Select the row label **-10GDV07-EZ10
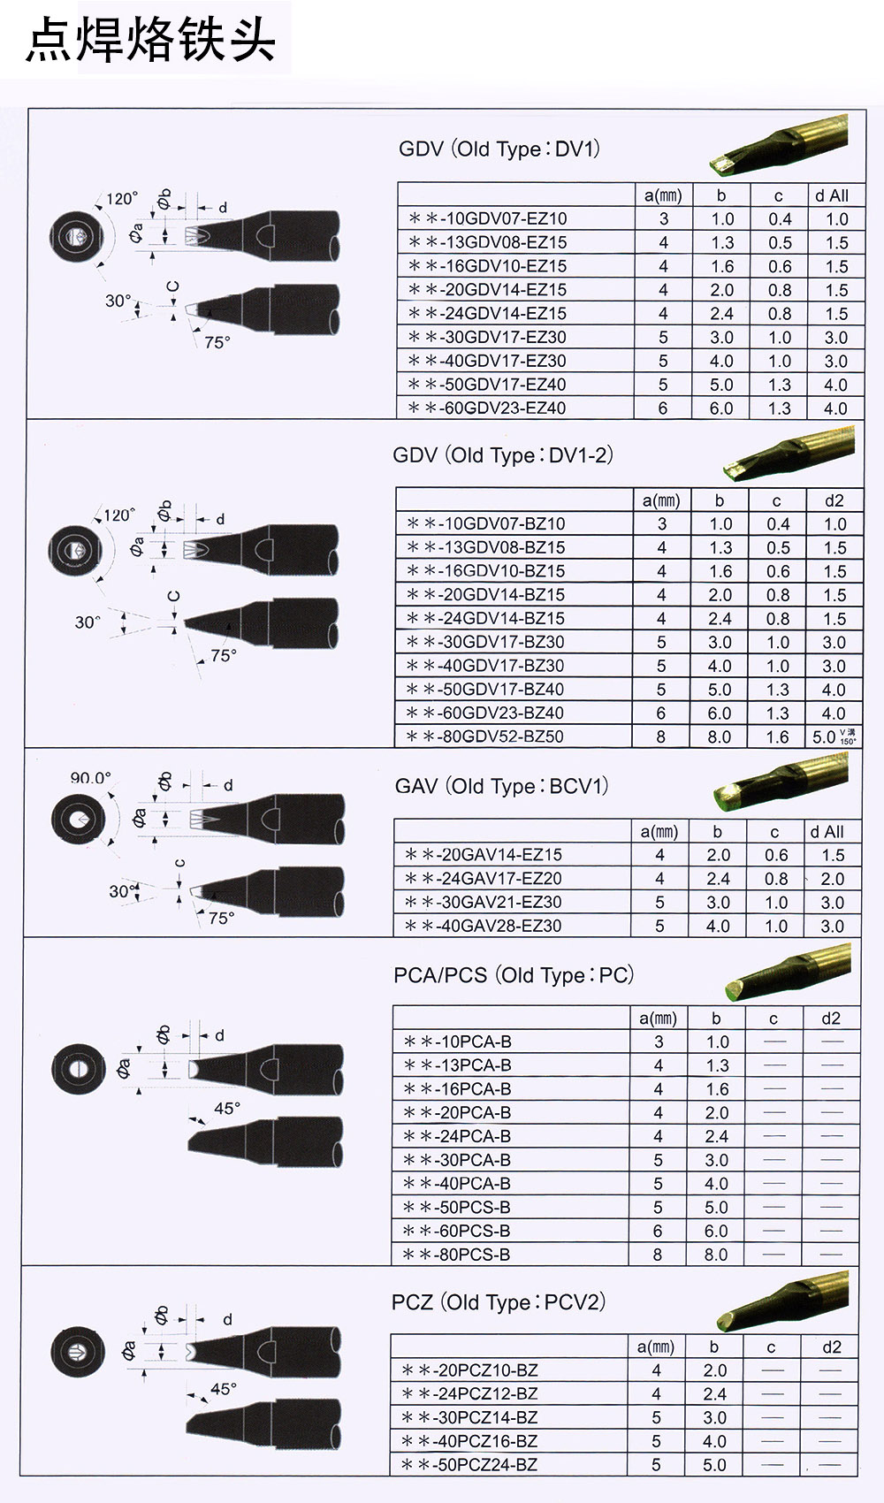(488, 218)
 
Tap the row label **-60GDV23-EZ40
(487, 408)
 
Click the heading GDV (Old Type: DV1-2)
(503, 455)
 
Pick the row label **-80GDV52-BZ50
(485, 736)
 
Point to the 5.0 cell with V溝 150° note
(834, 736)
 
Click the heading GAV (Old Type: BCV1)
(502, 786)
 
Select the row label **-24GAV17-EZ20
(484, 878)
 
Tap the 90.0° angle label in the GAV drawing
(90, 778)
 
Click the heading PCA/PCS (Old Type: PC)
(514, 975)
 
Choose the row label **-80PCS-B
(457, 1255)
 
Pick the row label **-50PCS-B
(457, 1207)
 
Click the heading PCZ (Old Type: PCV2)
(499, 1302)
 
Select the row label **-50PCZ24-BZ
(469, 1465)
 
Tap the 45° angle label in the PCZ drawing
(224, 1389)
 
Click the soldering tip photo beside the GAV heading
(781, 781)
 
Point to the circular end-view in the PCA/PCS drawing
(78, 1069)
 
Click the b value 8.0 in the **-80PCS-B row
(716, 1255)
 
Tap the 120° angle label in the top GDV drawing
(121, 199)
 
